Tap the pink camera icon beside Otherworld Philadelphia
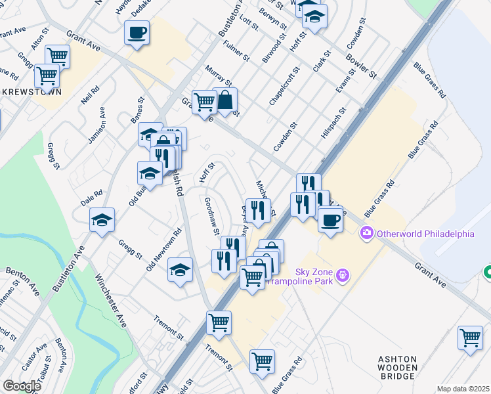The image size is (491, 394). click(x=367, y=233)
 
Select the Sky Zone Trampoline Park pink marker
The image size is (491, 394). click(x=341, y=274)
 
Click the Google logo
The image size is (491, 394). click(x=22, y=386)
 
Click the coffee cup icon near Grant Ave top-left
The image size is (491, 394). click(x=137, y=32)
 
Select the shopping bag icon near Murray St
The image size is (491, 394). click(x=224, y=100)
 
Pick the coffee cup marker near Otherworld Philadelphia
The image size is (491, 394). click(x=331, y=219)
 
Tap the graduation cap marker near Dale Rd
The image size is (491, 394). click(x=102, y=220)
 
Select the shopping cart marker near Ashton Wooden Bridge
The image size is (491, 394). click(x=470, y=338)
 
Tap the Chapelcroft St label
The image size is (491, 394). click(x=284, y=86)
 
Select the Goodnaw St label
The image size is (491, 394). click(x=211, y=216)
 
